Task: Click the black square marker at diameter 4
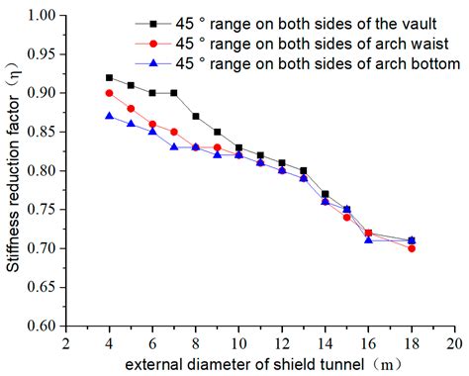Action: tap(109, 77)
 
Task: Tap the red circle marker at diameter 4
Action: tap(109, 93)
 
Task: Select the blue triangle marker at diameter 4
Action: tap(109, 116)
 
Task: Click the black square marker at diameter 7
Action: tap(174, 93)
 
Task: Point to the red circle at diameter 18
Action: tap(412, 248)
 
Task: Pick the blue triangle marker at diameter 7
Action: tap(174, 146)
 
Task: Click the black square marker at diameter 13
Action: tap(304, 170)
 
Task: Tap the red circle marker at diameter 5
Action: tap(131, 108)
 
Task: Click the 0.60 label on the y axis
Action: tap(41, 325)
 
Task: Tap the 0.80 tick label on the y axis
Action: tap(41, 170)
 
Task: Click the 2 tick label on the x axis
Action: tap(65, 342)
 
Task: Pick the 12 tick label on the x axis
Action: tap(282, 342)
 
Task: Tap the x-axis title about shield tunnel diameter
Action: tap(261, 363)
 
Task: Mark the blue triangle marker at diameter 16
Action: tap(369, 239)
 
